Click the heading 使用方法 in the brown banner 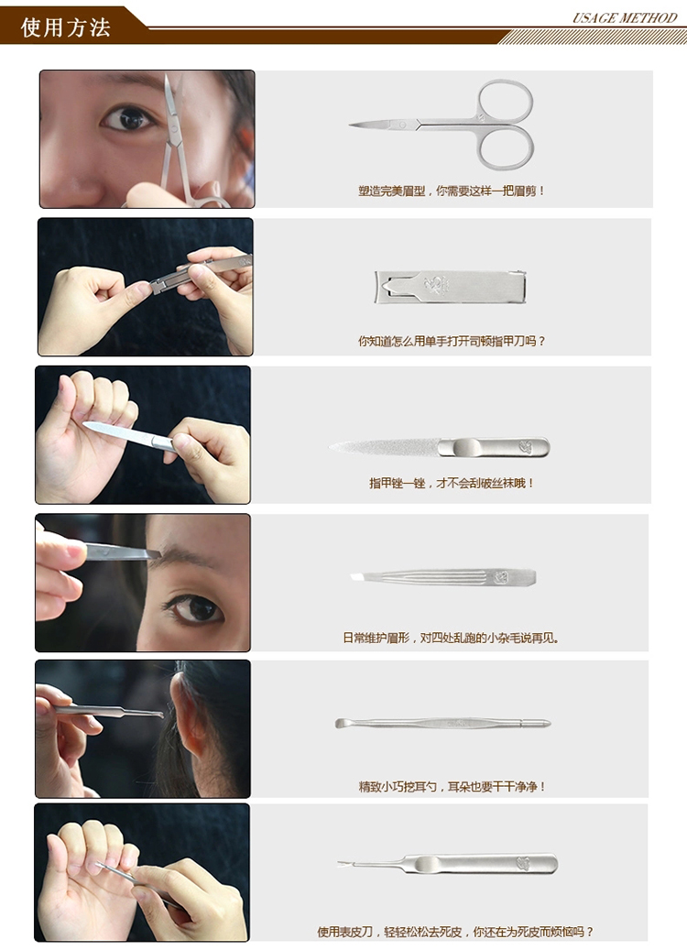65,27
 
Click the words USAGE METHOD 625,17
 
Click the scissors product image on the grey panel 442,125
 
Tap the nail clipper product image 450,287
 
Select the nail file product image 439,448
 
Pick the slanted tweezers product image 442,577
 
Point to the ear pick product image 442,723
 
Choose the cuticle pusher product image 447,864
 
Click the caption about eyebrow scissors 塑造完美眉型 452,191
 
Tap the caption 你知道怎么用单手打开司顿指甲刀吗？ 452,341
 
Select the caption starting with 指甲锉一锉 452,483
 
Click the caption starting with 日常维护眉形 451,638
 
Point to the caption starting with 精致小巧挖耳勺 452,786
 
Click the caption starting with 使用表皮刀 455,931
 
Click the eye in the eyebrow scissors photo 128,118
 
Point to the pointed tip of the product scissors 350,125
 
